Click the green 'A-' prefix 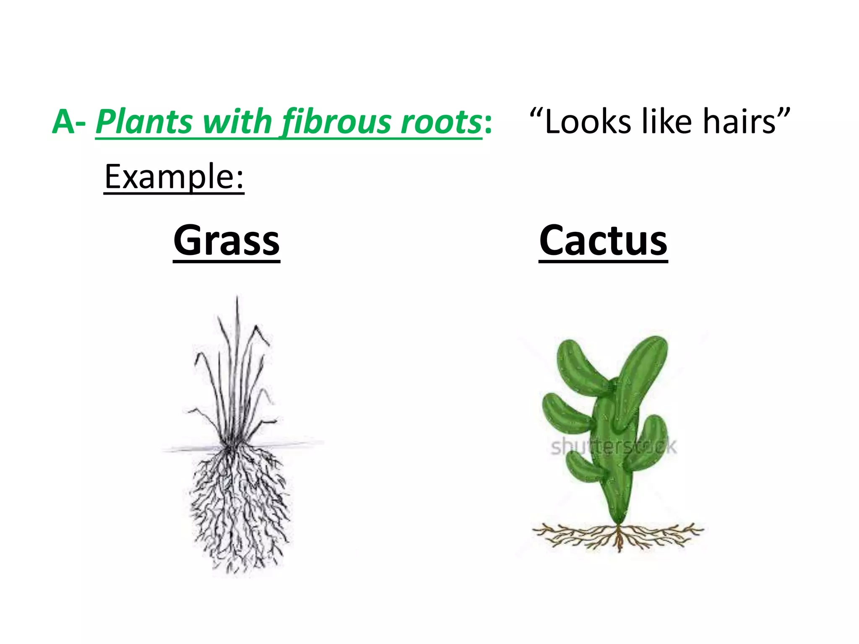pos(69,122)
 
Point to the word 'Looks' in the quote pos(587,122)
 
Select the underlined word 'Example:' pos(174,177)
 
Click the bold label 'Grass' pos(226,241)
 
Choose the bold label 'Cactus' pos(603,241)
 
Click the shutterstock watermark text pos(613,447)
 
